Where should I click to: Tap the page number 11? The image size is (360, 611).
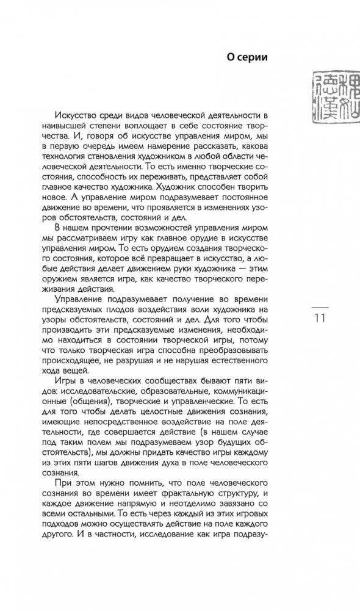320,318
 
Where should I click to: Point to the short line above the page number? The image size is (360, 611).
320,306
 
